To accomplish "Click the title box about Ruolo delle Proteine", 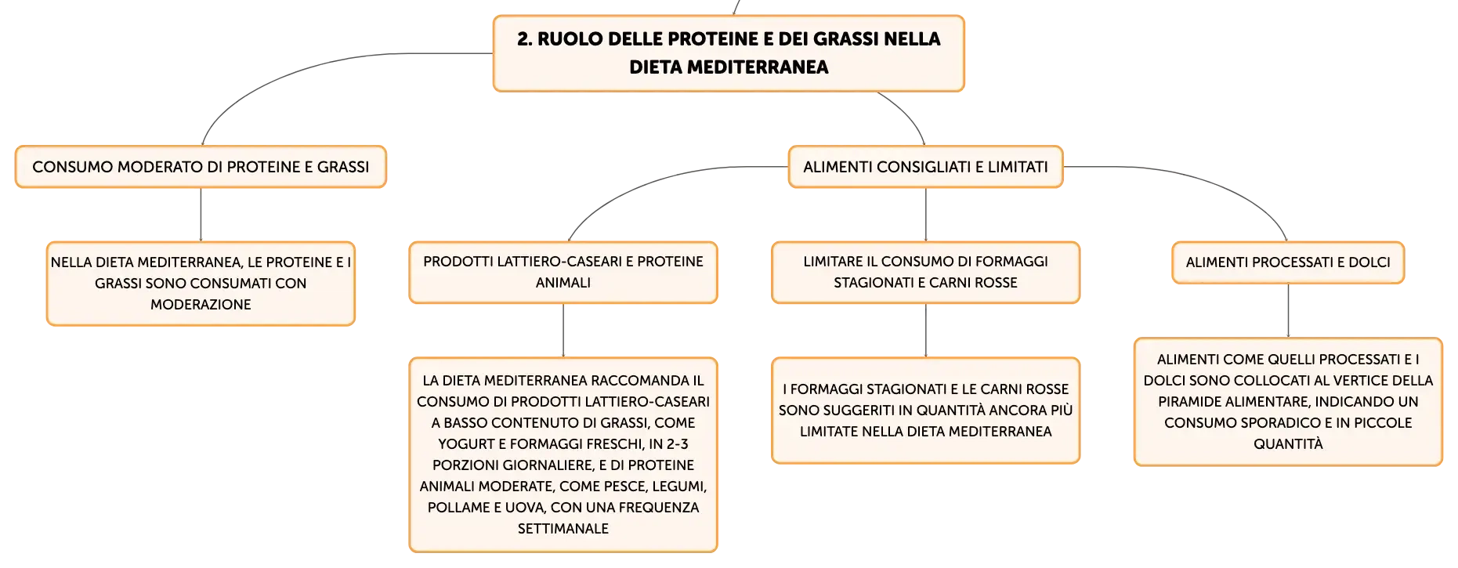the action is pos(729,53).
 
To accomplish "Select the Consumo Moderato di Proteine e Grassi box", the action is pos(201,167).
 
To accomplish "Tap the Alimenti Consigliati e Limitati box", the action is pos(925,167).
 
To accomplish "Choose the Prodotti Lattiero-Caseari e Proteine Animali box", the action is pos(563,273).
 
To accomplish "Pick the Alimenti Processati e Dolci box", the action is pos(1288,262).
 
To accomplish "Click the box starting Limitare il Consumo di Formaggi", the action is pos(925,273).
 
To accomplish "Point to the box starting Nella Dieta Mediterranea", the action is pos(201,284).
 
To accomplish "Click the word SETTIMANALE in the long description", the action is pos(563,529).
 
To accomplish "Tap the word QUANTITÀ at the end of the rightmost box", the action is pos(1288,443).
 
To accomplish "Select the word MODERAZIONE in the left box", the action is pos(201,305).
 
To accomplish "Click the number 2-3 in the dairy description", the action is pos(678,444).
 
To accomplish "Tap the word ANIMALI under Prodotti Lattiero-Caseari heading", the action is pos(563,283).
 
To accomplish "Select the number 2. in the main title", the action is pos(524,39).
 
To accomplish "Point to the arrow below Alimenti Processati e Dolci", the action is pos(1288,310).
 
